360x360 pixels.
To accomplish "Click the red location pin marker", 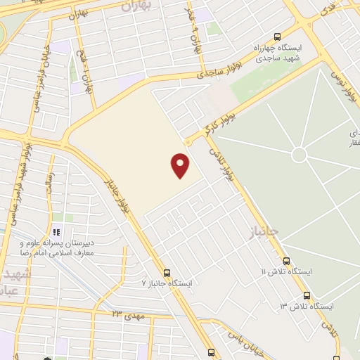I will click(181, 165).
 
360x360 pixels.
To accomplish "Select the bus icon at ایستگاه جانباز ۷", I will click(167, 272).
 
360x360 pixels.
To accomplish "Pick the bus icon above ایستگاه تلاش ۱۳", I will click(306, 296).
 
